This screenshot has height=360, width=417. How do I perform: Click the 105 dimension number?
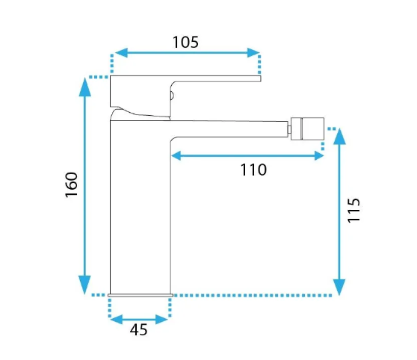185,43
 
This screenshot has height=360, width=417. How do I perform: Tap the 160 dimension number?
72,184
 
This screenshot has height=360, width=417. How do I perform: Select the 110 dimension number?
253,170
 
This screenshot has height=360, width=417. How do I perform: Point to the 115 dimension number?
354,211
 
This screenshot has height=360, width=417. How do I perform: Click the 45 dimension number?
138,329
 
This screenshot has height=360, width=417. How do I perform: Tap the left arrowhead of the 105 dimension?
121,52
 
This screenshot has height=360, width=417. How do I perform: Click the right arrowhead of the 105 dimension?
253,52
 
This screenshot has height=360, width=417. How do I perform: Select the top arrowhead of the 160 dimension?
85,87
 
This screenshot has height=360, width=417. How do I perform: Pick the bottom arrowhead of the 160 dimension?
85,285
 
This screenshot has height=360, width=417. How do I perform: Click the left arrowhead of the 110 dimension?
176,155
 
